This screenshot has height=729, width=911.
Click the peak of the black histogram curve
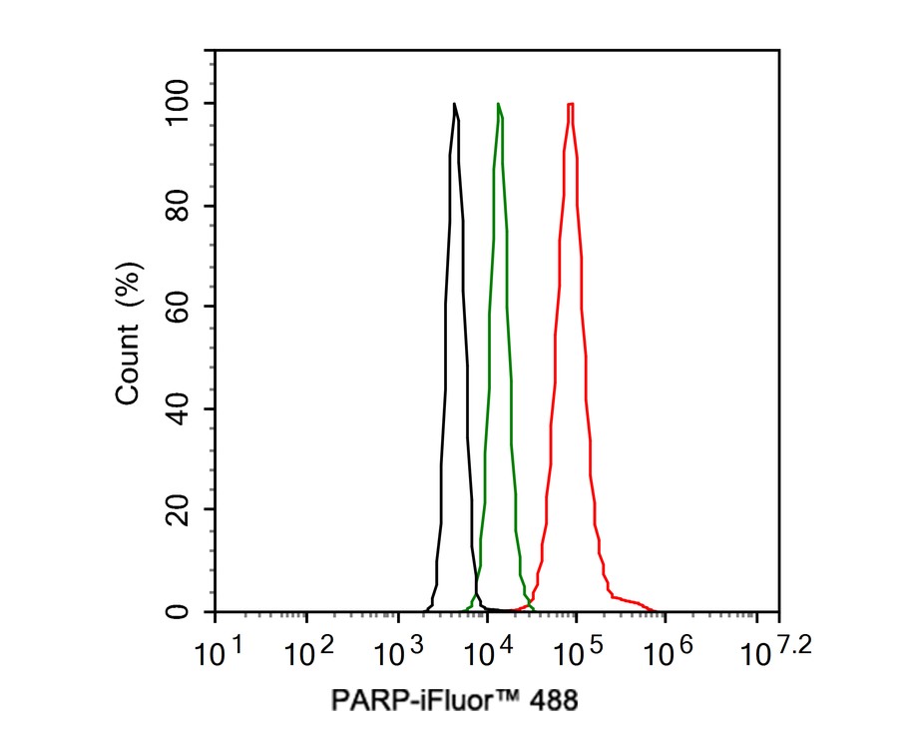pos(454,104)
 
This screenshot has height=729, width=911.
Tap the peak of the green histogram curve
pos(498,104)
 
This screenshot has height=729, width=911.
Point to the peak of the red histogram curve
pos(570,104)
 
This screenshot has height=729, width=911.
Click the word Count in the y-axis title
pos(129,364)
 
